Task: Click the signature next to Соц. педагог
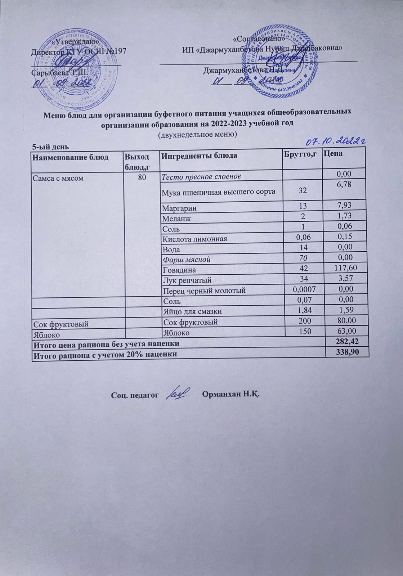[178, 393]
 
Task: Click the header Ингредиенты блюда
[199, 156]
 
